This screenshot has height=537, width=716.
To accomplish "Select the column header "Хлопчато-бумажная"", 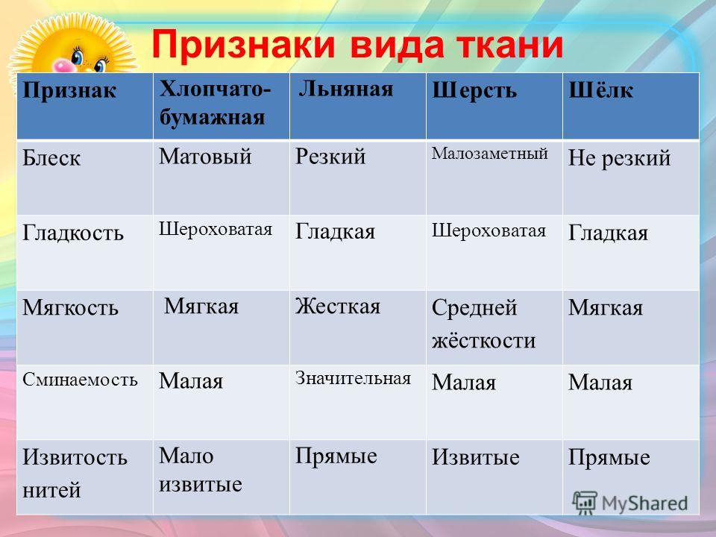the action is pyautogui.click(x=215, y=103).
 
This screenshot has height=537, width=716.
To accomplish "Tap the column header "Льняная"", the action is pyautogui.click(x=345, y=89).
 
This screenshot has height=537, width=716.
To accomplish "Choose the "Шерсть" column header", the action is pyautogui.click(x=474, y=90).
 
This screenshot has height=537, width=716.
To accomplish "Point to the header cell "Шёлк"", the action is pyautogui.click(x=600, y=90).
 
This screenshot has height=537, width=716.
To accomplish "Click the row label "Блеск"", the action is pyautogui.click(x=51, y=158).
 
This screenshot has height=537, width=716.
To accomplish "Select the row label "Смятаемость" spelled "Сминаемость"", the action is pyautogui.click(x=80, y=380).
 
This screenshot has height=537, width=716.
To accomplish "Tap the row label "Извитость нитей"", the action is pyautogui.click(x=75, y=473).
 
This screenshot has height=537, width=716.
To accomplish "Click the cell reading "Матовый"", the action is pyautogui.click(x=205, y=156).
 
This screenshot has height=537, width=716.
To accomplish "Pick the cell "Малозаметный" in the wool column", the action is pyautogui.click(x=489, y=154).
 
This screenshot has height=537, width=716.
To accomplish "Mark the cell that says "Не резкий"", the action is pyautogui.click(x=619, y=158).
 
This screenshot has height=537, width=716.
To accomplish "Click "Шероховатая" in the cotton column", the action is pyautogui.click(x=216, y=229).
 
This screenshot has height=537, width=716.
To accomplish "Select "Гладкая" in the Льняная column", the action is pyautogui.click(x=335, y=231).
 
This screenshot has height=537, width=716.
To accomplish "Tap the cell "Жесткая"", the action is pyautogui.click(x=337, y=306).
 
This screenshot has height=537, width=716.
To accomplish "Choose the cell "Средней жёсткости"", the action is pyautogui.click(x=483, y=324).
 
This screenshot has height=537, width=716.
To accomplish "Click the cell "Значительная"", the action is pyautogui.click(x=353, y=378).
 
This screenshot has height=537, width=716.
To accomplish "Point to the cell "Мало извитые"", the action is pyautogui.click(x=200, y=470).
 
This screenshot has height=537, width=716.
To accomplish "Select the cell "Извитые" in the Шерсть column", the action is pyautogui.click(x=475, y=457).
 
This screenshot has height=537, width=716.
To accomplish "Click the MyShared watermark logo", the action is pyautogui.click(x=630, y=503).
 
